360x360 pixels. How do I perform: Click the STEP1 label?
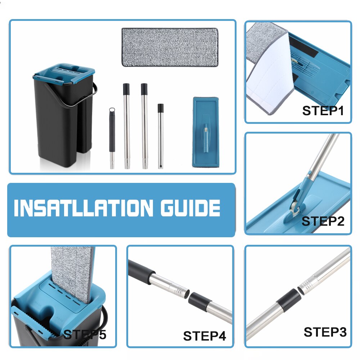(323, 110)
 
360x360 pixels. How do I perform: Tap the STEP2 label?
(323, 221)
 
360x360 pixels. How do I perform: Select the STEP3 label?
(325, 332)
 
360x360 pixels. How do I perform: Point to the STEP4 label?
(204, 336)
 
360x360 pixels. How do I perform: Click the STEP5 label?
(85, 334)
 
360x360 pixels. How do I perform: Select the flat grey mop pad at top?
(170, 47)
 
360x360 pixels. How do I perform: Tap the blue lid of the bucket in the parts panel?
(64, 72)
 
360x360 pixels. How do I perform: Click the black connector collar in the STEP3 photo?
(288, 301)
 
